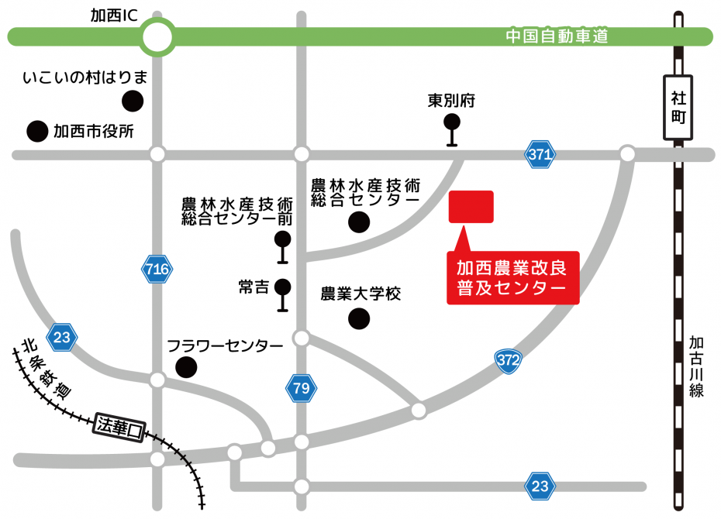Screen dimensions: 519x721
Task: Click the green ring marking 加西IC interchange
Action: point(157,36)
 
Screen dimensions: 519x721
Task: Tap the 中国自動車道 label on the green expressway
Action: point(556,36)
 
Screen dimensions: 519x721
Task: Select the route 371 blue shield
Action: point(540,154)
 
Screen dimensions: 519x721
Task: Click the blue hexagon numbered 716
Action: point(157,270)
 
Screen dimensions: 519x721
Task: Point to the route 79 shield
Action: point(301,388)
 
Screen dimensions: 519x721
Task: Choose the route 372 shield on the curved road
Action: point(507,359)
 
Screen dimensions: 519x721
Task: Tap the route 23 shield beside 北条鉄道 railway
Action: point(62,337)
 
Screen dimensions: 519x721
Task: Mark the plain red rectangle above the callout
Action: point(471,207)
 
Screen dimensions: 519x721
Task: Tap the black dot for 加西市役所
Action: point(36,132)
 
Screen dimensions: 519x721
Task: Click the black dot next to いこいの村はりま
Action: point(133,100)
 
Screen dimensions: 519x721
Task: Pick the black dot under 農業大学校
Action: point(358,318)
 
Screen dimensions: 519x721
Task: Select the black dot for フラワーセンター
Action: point(186,366)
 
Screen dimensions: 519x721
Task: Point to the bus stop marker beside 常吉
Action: point(283,295)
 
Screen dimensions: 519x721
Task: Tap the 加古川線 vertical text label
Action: point(696,366)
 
